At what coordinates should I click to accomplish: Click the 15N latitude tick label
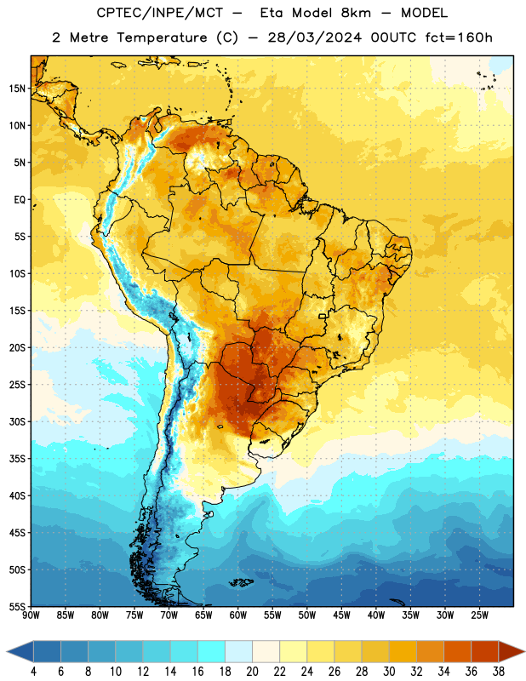point(17,89)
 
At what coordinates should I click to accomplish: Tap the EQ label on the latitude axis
point(20,200)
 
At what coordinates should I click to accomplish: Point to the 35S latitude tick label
point(17,459)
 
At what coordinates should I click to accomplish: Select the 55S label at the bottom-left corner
point(17,606)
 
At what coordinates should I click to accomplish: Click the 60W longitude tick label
point(238,615)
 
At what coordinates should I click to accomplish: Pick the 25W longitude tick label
point(479,615)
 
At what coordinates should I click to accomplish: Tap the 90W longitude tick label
point(31,615)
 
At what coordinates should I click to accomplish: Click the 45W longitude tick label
point(341,615)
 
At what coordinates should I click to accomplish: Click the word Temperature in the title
point(163,37)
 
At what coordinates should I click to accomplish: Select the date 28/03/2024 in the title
point(314,37)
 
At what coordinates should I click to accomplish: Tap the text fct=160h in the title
point(459,37)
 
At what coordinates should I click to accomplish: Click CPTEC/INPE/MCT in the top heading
point(159,13)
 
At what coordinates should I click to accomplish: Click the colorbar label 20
point(252,672)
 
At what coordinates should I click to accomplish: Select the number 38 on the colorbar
point(499,672)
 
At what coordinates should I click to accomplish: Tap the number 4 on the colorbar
point(33,672)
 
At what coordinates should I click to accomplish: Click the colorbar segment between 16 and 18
point(212,651)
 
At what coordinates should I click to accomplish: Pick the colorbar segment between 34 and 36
point(458,651)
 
